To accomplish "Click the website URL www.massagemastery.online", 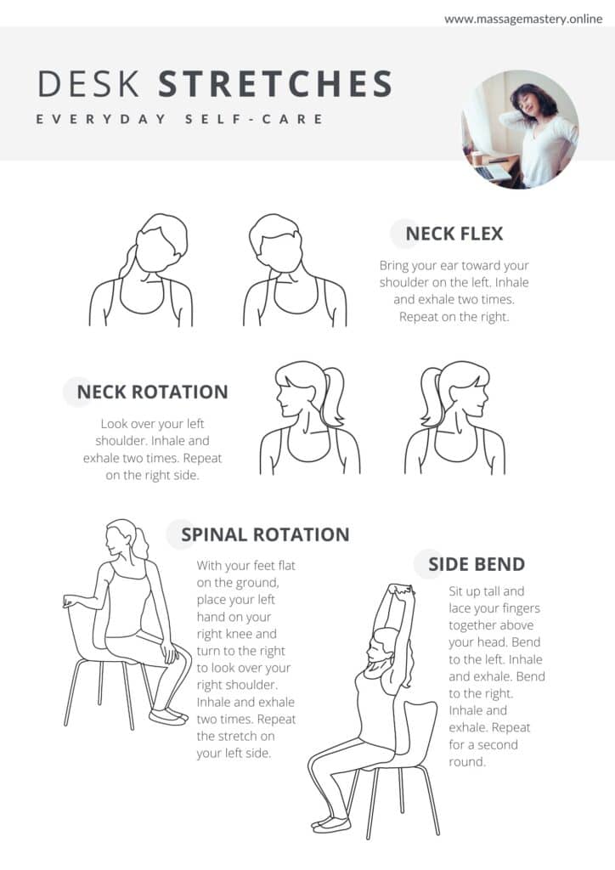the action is [523, 19].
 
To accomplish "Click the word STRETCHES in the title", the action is [275, 84].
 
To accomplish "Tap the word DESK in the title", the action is [88, 84].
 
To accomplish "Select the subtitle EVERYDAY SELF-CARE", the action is [180, 119].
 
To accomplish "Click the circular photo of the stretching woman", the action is [520, 129].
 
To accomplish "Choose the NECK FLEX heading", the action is [454, 234].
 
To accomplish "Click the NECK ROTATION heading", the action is [153, 393].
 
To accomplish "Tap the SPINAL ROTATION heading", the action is [265, 534].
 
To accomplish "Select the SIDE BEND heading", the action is [477, 564].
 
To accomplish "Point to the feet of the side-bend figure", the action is [331, 823].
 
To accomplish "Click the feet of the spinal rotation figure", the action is [168, 716].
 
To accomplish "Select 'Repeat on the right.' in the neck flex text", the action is [454, 317].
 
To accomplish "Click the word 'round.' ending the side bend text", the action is [467, 762].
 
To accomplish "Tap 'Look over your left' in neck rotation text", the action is [153, 424].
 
